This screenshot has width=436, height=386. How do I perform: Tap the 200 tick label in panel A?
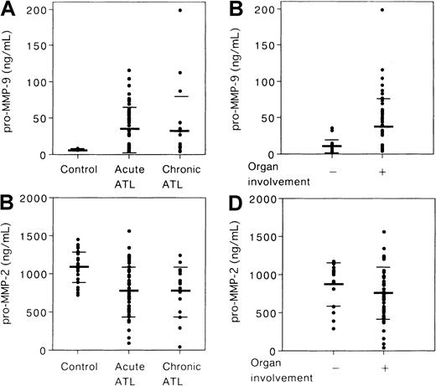click(36, 10)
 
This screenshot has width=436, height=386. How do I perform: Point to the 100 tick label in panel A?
click(36, 82)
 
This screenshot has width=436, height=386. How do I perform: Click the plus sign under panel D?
click(381, 364)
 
